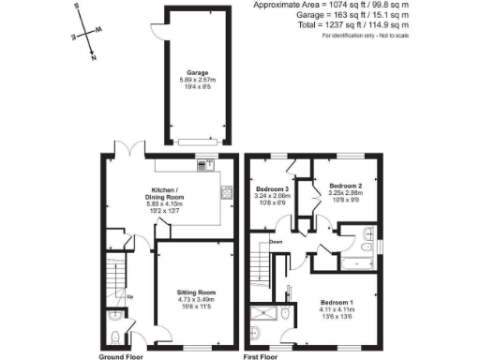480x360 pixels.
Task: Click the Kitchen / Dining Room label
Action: coord(163,197)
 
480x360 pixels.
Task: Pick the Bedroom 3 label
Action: coord(274,195)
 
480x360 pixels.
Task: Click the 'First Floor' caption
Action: coord(263,356)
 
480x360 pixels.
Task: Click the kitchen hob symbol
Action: coord(203,167)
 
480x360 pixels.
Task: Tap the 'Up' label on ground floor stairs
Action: coord(128,299)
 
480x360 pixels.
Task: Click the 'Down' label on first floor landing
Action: coord(276,242)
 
